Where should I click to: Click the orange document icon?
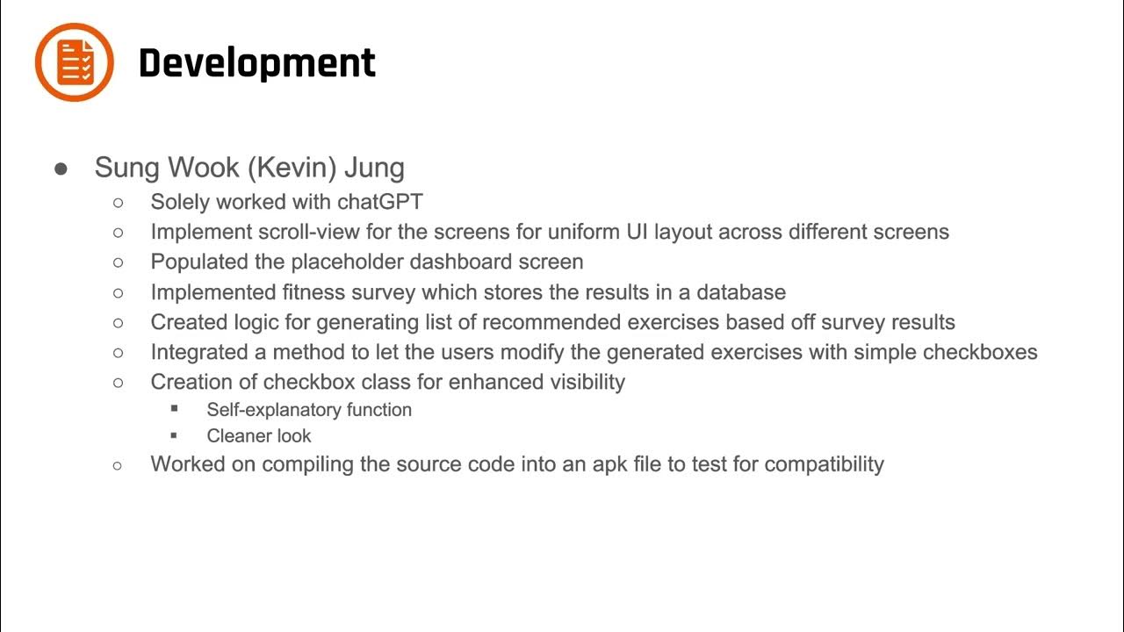click(75, 62)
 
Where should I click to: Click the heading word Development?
click(256, 63)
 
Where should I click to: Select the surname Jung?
click(374, 168)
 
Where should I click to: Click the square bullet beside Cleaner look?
click(175, 435)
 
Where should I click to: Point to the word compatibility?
click(824, 464)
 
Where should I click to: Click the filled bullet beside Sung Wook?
click(61, 169)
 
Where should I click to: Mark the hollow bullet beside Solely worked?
click(119, 203)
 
